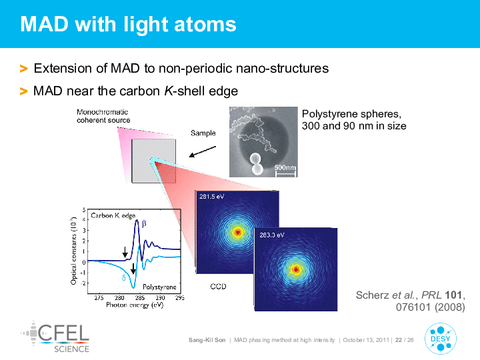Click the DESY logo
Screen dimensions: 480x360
[441, 339]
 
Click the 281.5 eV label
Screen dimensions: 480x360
[211, 197]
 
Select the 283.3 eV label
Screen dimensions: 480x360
[272, 235]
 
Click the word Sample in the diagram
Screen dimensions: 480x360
[203, 133]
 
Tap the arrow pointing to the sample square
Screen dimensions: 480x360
[203, 151]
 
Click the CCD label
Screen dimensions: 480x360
[218, 287]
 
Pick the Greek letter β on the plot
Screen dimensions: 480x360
[144, 223]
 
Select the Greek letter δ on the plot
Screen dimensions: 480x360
[124, 277]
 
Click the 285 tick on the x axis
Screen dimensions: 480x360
[140, 298]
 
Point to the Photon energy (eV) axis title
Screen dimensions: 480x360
[135, 305]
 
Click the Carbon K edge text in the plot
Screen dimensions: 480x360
[113, 215]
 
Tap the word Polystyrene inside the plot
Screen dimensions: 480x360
[159, 287]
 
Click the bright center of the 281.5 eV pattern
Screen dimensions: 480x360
[237, 233]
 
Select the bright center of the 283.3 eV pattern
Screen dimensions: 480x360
[296, 269]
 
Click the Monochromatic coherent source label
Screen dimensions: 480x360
[103, 116]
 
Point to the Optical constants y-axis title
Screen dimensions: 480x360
[73, 251]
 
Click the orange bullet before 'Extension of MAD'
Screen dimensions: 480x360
[23, 69]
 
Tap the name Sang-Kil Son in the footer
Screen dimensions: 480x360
[207, 340]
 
